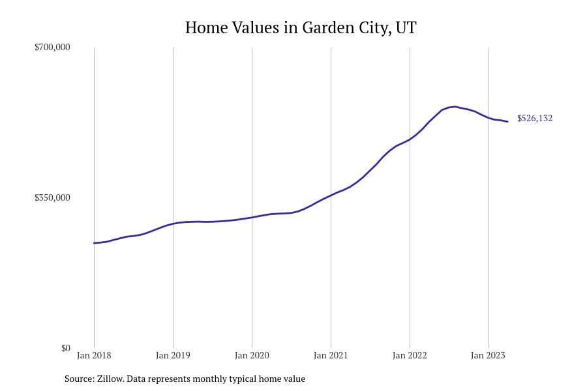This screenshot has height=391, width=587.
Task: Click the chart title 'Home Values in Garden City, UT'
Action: (x=301, y=27)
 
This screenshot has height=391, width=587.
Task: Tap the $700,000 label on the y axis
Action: (x=52, y=47)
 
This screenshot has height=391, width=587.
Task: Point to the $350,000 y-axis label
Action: (x=52, y=197)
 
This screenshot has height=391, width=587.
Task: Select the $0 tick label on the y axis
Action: (x=65, y=348)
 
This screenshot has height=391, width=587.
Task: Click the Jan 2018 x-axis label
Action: (x=94, y=355)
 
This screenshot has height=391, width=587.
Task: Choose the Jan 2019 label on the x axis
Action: (x=173, y=355)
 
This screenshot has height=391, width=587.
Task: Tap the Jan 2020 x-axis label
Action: (x=252, y=355)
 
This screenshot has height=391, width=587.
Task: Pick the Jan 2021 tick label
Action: (x=331, y=355)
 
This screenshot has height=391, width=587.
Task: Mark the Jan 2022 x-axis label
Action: (x=410, y=355)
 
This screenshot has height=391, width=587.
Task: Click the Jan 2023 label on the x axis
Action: (x=488, y=355)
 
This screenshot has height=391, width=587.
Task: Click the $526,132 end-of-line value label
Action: (x=535, y=118)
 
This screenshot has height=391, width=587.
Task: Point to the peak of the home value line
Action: (x=455, y=106)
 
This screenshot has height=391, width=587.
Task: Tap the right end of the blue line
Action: (x=507, y=121)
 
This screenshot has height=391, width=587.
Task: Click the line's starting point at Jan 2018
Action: (x=94, y=243)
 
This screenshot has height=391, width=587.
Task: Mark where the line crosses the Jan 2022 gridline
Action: (x=410, y=139)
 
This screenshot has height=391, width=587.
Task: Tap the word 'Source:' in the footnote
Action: (x=79, y=379)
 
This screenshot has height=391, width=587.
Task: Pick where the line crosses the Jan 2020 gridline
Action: (x=252, y=217)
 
